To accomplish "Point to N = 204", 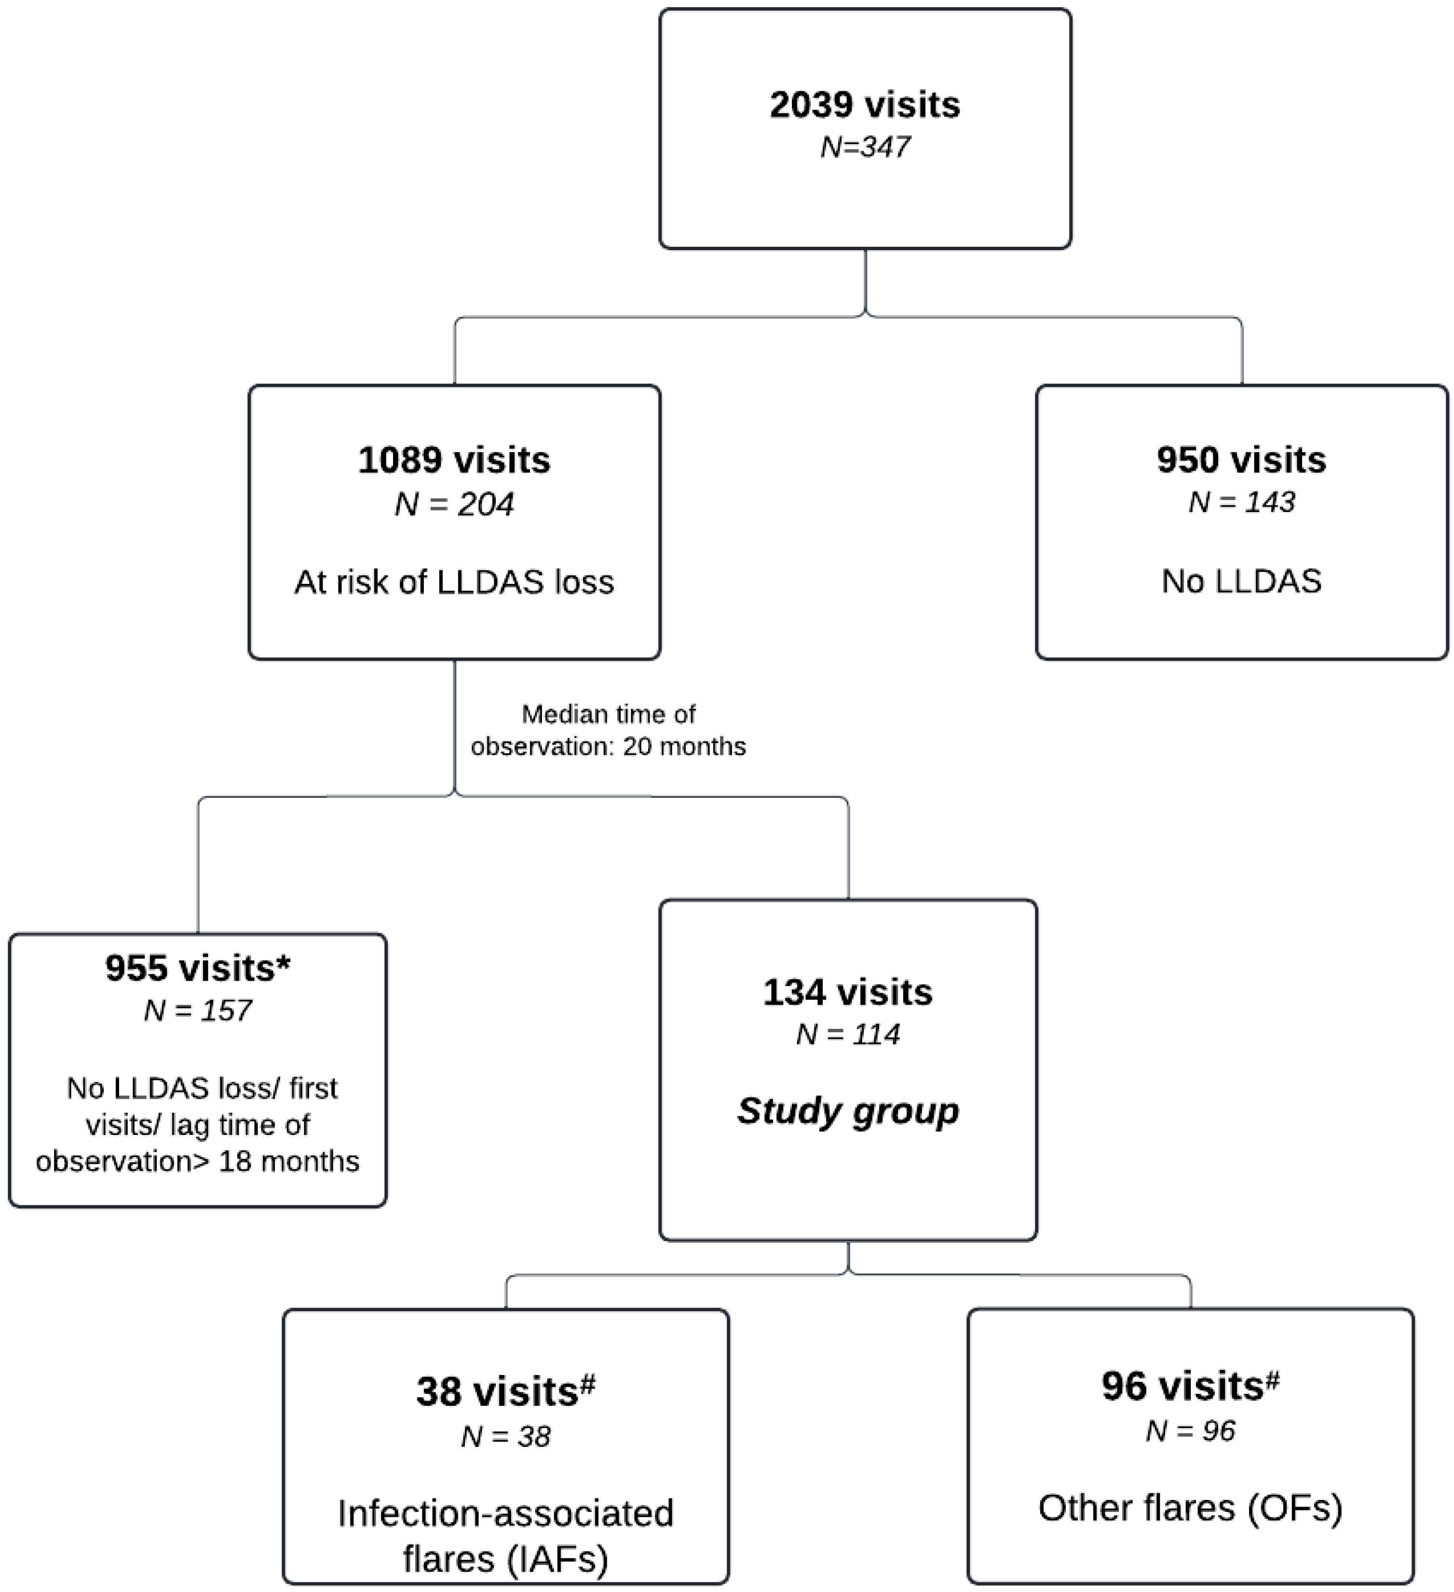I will (x=454, y=504).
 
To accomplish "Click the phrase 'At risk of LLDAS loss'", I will (x=454, y=582).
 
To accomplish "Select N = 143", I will (x=1241, y=502).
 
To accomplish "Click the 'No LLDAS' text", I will (x=1241, y=581).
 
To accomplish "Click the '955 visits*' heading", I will (x=197, y=968).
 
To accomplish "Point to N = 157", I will (x=197, y=1011).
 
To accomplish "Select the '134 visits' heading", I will (x=847, y=993).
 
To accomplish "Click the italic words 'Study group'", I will (x=847, y=1111).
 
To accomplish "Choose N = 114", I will (x=847, y=1035).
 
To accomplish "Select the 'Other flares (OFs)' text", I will (x=1189, y=1508).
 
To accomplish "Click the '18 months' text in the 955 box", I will (x=288, y=1161).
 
